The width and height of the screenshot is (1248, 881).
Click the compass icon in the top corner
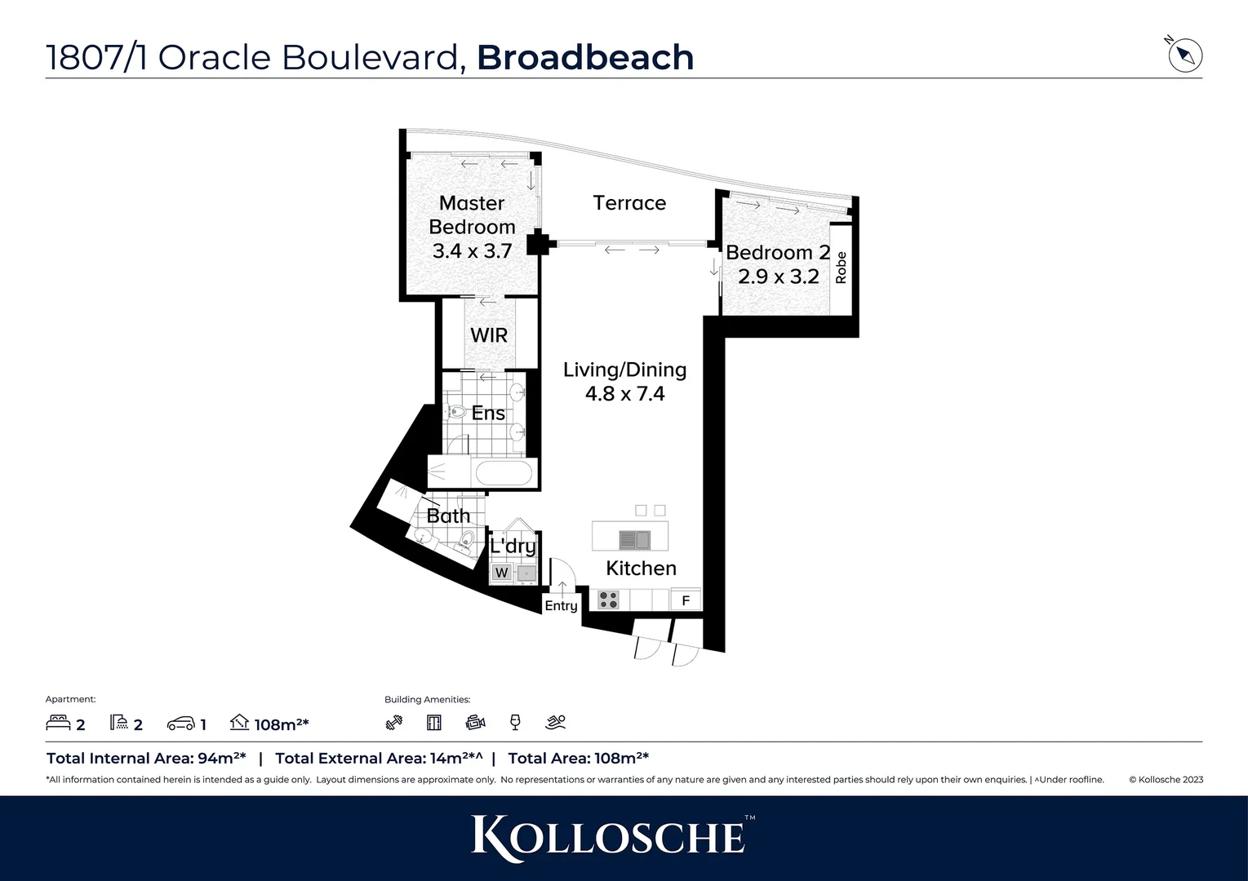1185,55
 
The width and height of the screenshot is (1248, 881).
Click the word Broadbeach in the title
585,57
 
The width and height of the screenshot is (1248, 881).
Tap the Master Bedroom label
472,215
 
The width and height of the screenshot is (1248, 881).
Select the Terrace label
629,203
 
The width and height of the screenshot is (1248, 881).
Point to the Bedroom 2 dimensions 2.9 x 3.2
778,277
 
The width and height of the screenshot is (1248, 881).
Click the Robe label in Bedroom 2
841,268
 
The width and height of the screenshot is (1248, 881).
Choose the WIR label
489,335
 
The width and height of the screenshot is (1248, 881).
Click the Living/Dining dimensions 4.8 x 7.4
624,394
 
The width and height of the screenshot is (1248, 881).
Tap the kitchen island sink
634,539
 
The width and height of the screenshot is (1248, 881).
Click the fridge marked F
686,600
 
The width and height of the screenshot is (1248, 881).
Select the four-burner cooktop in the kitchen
609,600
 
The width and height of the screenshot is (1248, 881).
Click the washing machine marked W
501,573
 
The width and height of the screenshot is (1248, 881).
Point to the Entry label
561,605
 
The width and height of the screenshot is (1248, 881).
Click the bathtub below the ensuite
504,473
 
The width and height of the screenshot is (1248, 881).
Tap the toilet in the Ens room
455,413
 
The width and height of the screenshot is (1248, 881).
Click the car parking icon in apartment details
180,724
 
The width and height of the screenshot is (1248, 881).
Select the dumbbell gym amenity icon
394,722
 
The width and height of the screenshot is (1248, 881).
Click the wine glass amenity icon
515,722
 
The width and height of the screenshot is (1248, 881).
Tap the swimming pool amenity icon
555,722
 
